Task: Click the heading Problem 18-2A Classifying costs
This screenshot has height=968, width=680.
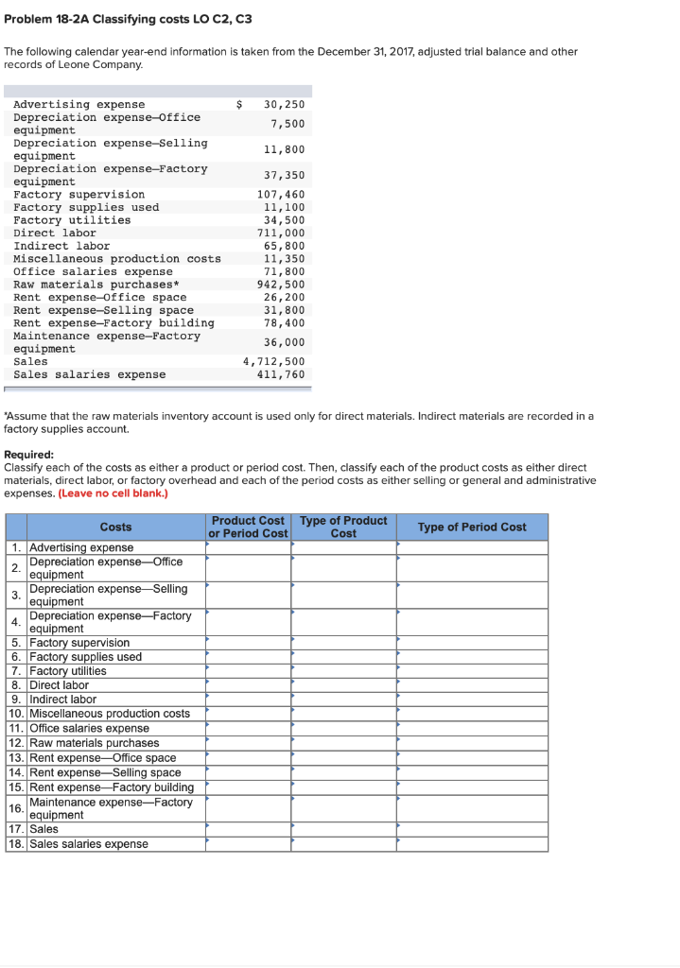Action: pos(128,19)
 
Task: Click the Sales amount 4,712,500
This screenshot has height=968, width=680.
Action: pos(273,361)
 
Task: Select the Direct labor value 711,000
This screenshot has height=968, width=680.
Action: pos(281,233)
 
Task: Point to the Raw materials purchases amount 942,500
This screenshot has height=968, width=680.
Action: pos(281,284)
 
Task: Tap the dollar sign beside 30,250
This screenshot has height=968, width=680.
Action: pos(239,104)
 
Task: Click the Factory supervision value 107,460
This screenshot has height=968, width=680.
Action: pos(281,194)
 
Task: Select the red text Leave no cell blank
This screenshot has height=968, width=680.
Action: pos(113,493)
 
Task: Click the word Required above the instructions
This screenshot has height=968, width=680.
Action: pos(28,454)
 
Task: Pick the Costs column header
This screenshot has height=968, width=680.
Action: pos(115,527)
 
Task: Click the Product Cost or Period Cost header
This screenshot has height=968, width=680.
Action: pos(248,527)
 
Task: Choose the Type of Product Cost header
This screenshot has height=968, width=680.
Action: pos(343,527)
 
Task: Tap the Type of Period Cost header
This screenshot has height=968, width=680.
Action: pos(472,527)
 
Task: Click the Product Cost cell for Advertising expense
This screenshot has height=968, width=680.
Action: pos(248,547)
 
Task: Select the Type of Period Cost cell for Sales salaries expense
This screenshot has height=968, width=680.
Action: pos(472,843)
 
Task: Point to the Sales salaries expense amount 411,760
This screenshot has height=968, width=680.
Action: pos(281,374)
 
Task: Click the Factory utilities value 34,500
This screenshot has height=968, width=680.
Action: pos(284,219)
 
